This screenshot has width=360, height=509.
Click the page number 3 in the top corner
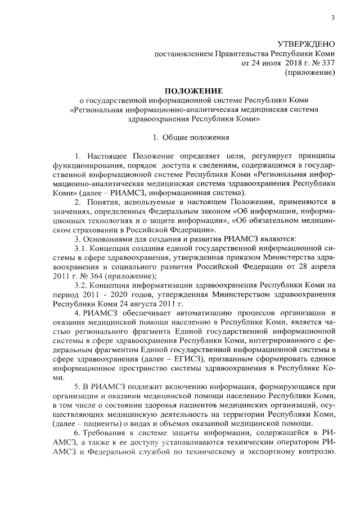pos(332,19)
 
